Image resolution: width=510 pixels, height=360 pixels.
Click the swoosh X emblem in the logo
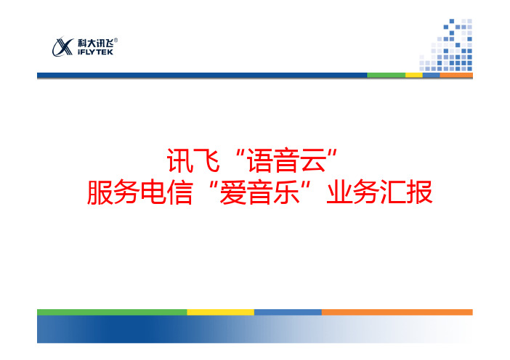pyautogui.click(x=62, y=47)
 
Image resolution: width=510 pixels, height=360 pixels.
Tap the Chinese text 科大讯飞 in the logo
pyautogui.click(x=96, y=44)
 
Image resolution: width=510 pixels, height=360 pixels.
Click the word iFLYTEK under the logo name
pyautogui.click(x=95, y=52)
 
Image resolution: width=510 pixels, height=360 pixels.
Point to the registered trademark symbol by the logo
pyautogui.click(x=116, y=40)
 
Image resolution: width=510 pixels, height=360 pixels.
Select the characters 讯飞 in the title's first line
pyautogui.click(x=193, y=160)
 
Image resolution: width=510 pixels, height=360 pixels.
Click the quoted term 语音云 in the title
pyautogui.click(x=286, y=160)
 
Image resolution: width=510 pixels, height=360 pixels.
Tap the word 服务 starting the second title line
pyautogui.click(x=113, y=192)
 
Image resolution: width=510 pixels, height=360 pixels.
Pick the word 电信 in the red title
pyautogui.click(x=166, y=192)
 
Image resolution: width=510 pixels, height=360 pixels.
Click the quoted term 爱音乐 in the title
pyautogui.click(x=259, y=192)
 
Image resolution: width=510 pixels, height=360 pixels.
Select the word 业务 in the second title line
pyautogui.click(x=353, y=192)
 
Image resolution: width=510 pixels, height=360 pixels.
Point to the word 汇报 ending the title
pyautogui.click(x=406, y=192)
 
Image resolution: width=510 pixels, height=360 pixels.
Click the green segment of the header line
pyautogui.click(x=386, y=75)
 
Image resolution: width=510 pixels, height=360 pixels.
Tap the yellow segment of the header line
pyautogui.click(x=413, y=75)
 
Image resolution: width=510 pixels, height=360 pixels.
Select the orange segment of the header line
pyautogui.click(x=456, y=75)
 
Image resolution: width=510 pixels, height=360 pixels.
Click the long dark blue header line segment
pyautogui.click(x=202, y=75)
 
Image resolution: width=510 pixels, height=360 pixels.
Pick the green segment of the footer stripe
pyautogui.click(x=112, y=312)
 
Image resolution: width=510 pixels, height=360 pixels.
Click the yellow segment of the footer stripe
pyautogui.click(x=221, y=312)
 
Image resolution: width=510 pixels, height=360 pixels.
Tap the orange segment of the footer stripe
pyautogui.click(x=397, y=312)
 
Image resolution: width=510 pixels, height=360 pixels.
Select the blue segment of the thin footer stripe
pyautogui.click(x=288, y=312)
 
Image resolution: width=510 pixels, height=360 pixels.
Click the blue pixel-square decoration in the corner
pyautogui.click(x=446, y=45)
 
